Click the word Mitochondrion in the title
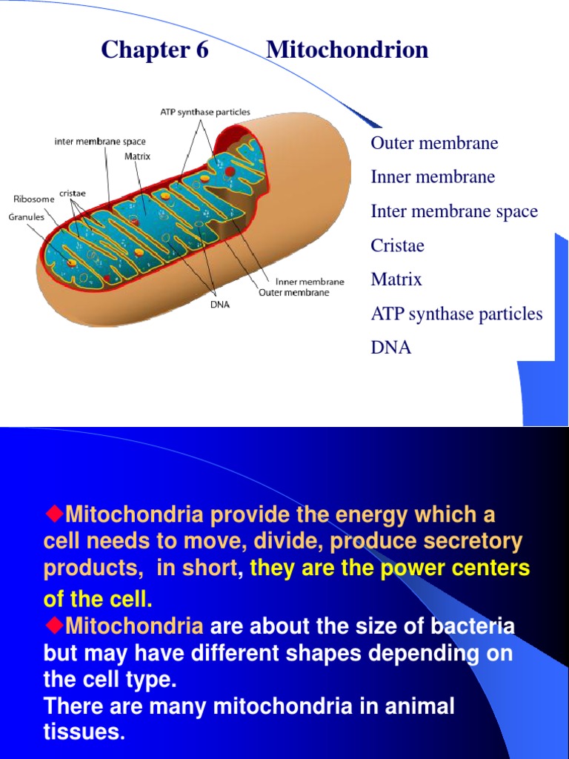[347, 50]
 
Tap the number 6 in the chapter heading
[202, 50]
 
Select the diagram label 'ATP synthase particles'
[205, 112]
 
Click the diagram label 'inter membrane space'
[100, 142]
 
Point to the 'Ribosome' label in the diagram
[34, 199]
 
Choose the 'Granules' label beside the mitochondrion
[26, 217]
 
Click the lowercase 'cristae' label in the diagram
[73, 193]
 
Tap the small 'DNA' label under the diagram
[219, 305]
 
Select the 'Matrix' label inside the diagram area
[137, 156]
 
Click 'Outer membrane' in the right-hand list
[434, 143]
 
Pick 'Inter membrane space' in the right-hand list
[454, 211]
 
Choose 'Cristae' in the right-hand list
[398, 245]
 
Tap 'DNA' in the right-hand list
[391, 348]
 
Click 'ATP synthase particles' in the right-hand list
[456, 314]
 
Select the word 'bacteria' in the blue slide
[473, 626]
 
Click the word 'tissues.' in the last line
[84, 731]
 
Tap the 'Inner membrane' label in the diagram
[310, 282]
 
